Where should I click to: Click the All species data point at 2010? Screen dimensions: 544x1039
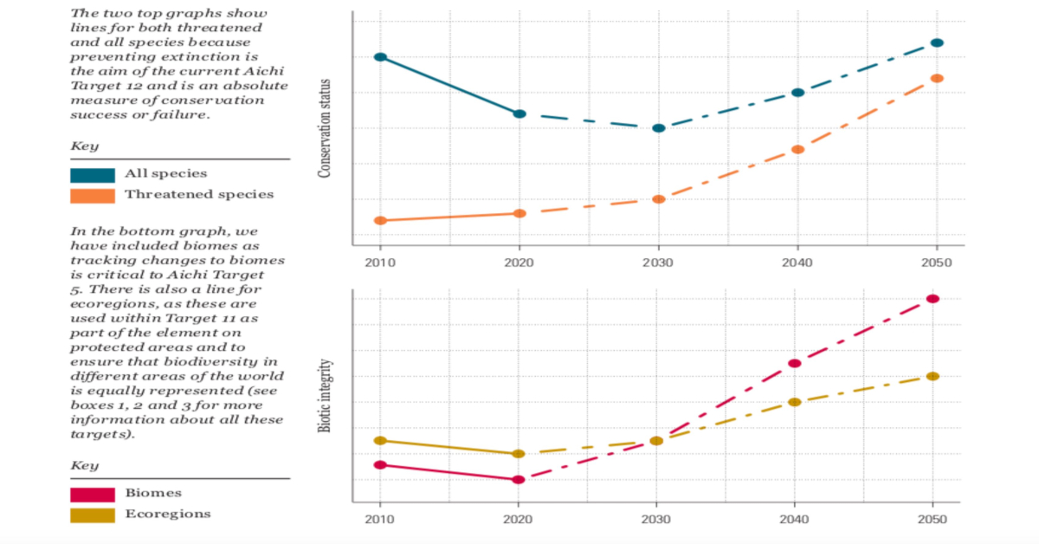(380, 57)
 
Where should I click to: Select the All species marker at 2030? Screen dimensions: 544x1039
(658, 128)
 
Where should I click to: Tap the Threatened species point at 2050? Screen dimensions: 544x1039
(936, 79)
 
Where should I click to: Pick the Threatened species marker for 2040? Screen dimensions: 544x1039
(797, 150)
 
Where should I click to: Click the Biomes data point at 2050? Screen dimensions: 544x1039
(933, 299)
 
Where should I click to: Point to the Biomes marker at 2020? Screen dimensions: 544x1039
(518, 479)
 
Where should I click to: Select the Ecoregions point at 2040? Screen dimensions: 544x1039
(794, 402)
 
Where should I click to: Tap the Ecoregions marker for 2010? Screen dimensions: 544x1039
(379, 441)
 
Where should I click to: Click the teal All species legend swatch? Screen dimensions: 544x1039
(92, 175)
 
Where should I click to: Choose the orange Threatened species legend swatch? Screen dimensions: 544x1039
(92, 196)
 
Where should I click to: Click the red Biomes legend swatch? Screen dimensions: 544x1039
(92, 495)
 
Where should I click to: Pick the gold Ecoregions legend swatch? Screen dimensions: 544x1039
(92, 515)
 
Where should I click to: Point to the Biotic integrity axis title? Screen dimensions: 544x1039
(326, 398)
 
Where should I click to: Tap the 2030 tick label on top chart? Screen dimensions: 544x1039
(658, 262)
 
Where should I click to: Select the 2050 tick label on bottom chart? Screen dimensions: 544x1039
(933, 520)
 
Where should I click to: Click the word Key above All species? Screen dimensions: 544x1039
(85, 146)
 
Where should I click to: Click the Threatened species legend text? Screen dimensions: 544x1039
(199, 194)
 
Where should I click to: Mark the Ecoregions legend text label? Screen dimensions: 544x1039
(168, 514)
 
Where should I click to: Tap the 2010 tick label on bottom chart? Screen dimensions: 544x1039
(379, 520)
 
